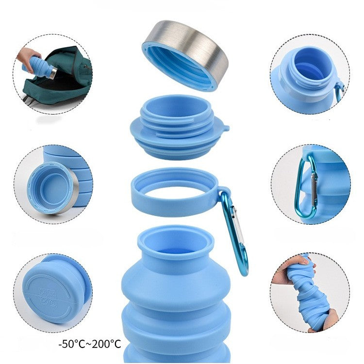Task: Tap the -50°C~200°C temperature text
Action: (89, 344)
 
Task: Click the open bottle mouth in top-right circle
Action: (310, 66)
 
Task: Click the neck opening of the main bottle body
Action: (175, 243)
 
